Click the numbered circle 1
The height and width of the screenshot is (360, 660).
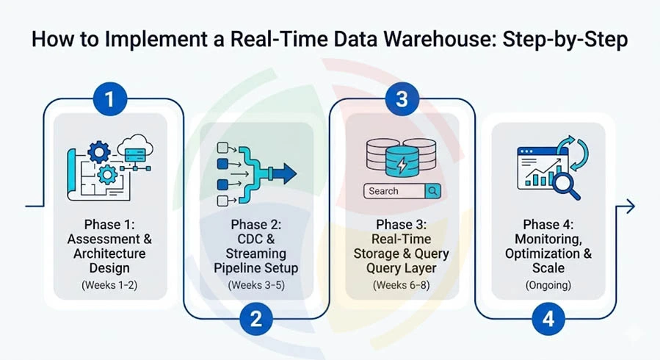110,98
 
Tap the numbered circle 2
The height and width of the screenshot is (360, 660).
256,318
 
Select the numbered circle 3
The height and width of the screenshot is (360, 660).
402,98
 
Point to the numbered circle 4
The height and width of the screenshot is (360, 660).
548,318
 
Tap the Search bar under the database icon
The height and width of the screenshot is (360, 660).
402,191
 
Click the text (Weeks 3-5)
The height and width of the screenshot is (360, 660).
255,284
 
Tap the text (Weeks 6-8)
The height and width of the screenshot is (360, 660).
402,284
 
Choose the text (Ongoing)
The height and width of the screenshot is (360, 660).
548,284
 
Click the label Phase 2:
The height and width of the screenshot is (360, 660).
255,224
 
